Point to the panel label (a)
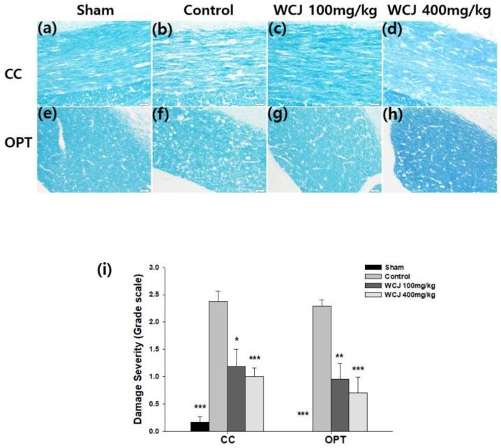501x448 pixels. pos(50,29)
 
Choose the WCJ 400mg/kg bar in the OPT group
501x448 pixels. pos(359,412)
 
